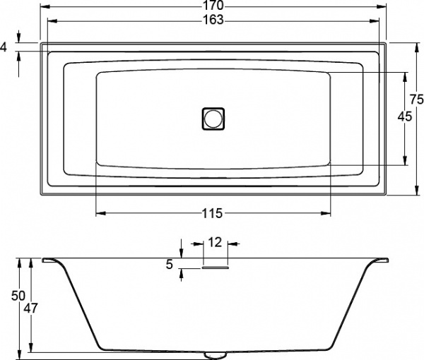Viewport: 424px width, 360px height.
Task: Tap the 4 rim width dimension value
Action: (5, 47)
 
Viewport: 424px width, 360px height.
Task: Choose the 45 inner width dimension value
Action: (405, 117)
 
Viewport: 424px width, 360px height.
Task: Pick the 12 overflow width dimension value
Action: (215, 242)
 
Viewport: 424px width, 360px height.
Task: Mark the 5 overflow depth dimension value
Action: (169, 265)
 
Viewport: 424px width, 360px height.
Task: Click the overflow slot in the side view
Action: (215, 267)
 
